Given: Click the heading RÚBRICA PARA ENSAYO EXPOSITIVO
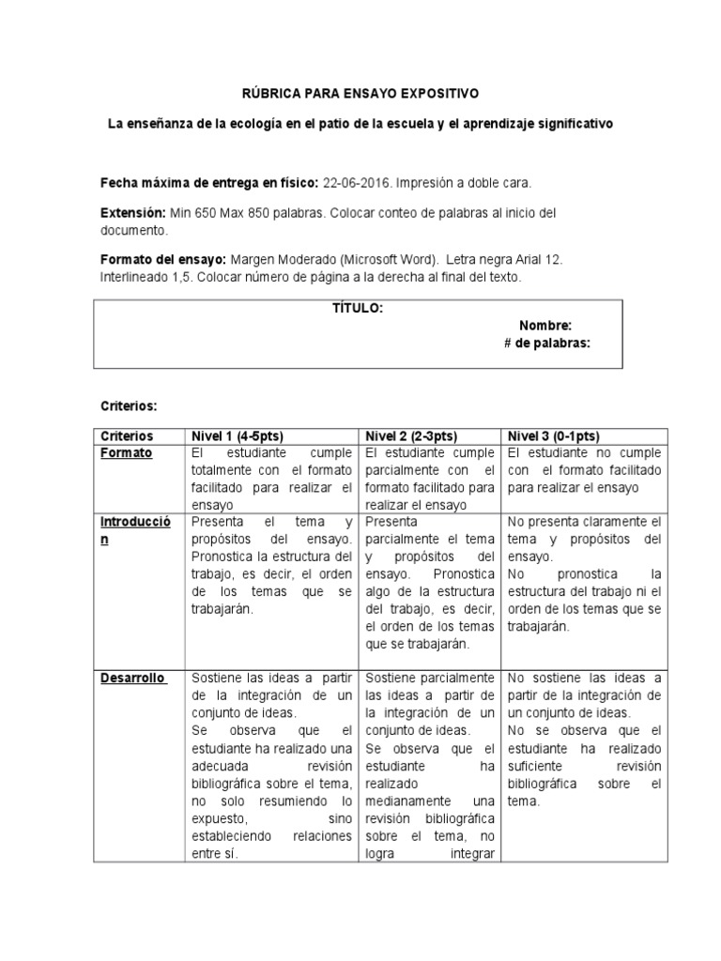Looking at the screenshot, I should click(361, 94).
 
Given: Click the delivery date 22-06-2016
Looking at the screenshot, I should click(353, 182).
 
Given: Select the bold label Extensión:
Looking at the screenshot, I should click(133, 213).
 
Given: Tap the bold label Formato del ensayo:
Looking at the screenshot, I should click(162, 260).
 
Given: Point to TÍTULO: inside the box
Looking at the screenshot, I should click(358, 309).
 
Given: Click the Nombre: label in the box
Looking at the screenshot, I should click(545, 326).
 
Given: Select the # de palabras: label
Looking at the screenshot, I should click(547, 343).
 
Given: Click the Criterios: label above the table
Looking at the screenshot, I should click(129, 405).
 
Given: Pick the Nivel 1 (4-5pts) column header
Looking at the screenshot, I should click(237, 436).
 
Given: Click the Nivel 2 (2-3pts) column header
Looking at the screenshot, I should click(410, 436).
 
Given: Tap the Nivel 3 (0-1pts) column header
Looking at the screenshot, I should click(554, 436).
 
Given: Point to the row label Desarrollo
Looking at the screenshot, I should click(134, 677).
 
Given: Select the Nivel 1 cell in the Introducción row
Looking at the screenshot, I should click(271, 564).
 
